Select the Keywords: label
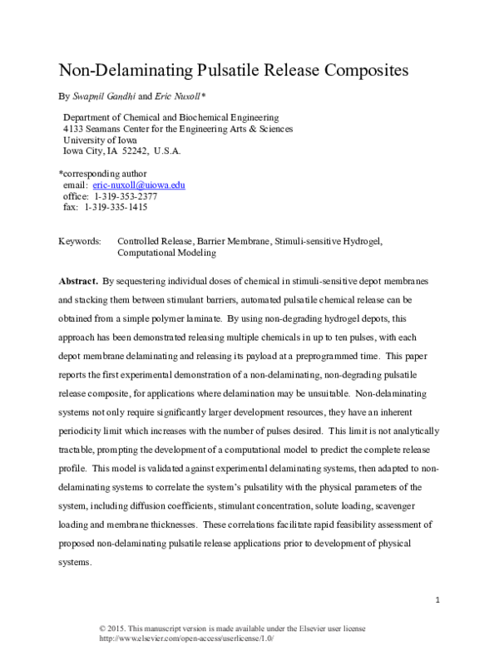80,241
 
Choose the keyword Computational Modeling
167,252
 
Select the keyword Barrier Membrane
232,241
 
